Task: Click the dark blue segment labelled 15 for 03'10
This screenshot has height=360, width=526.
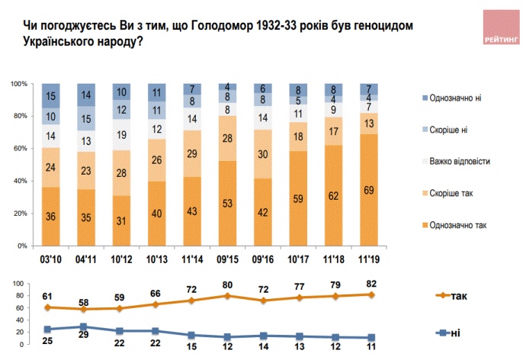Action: pos(51,96)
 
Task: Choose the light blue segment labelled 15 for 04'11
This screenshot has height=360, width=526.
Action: pos(86,119)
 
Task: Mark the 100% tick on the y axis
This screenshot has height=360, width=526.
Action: pos(18,82)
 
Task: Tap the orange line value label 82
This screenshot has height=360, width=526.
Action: pos(370,284)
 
